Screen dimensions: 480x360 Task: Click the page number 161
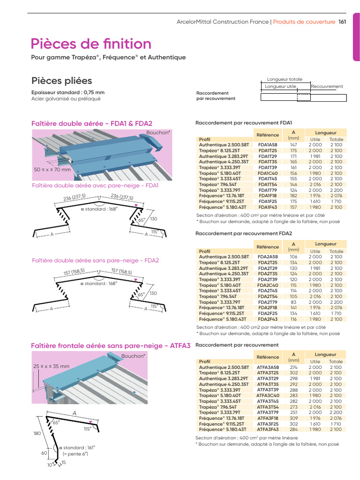342,22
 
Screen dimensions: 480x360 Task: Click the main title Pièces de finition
91,44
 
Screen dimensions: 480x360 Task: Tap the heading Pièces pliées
61,81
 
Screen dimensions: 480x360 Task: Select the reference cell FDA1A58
268,145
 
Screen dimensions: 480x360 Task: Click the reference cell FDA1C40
268,173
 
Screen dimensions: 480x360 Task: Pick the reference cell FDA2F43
268,319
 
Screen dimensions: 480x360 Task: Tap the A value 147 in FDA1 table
294,145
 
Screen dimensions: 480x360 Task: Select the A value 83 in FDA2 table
294,302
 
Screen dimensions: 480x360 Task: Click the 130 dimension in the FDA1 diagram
154,218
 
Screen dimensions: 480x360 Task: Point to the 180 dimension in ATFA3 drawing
37,434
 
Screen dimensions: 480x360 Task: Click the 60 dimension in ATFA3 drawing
45,453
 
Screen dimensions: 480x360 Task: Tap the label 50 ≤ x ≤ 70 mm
52,169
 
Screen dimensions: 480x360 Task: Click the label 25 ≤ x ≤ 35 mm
51,366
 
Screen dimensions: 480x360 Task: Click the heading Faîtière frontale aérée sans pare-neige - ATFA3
111,346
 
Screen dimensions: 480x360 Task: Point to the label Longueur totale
285,79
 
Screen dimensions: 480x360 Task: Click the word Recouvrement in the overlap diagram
327,86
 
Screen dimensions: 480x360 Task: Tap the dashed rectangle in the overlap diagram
303,97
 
